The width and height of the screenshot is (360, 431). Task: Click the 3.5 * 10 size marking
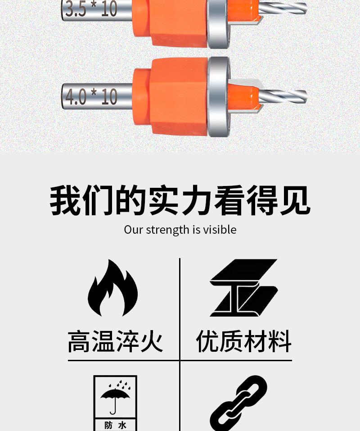pyautogui.click(x=91, y=9)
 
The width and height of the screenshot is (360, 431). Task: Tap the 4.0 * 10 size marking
pyautogui.click(x=91, y=96)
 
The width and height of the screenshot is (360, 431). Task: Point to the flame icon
pyautogui.click(x=112, y=288)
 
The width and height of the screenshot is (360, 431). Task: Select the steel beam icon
pyautogui.click(x=243, y=288)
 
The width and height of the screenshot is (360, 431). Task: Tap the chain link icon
pyautogui.click(x=238, y=403)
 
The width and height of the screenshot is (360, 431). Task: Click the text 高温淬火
pyautogui.click(x=115, y=342)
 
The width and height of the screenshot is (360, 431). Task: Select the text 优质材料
pyautogui.click(x=244, y=342)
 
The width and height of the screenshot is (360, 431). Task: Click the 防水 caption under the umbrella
pyautogui.click(x=115, y=425)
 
